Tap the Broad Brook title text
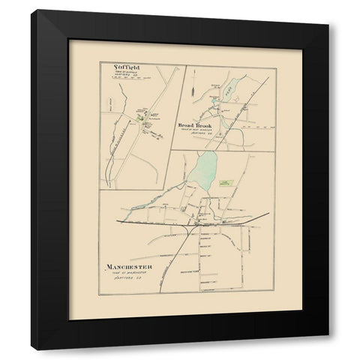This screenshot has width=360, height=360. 196,124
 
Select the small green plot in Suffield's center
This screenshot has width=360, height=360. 140,114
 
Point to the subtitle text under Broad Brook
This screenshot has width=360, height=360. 196,131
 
